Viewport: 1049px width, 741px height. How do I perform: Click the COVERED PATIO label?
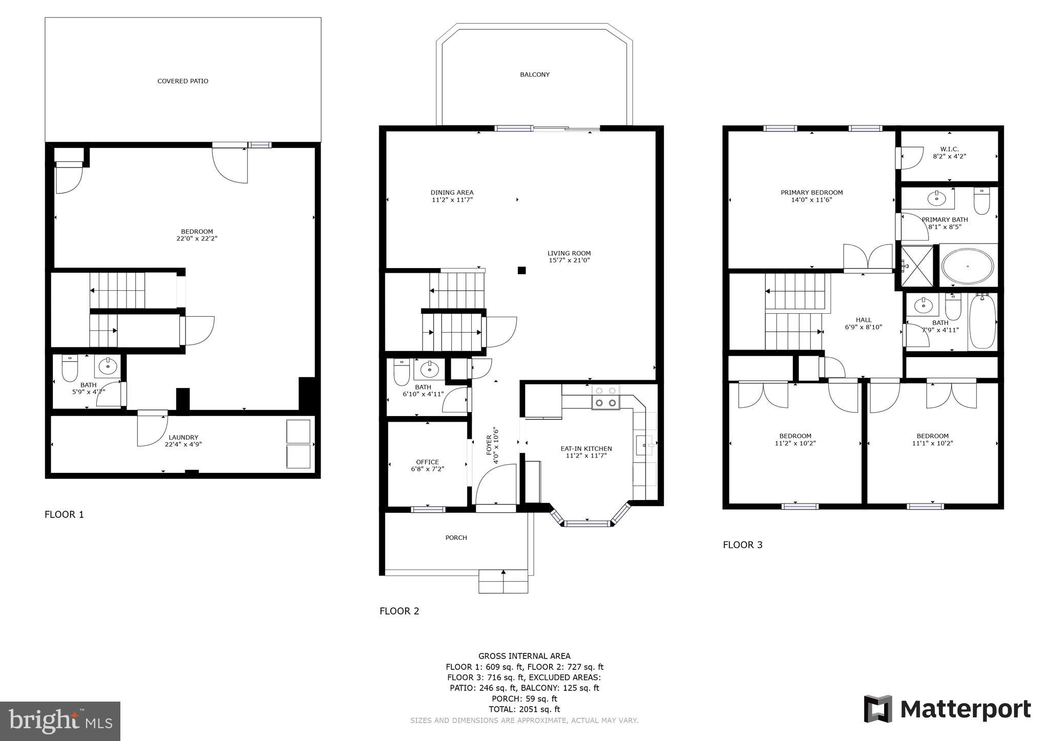pyautogui.click(x=183, y=81)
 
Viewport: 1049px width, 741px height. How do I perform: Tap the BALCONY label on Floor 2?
pyautogui.click(x=535, y=75)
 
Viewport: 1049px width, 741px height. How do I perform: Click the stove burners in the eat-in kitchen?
pyautogui.click(x=605, y=397)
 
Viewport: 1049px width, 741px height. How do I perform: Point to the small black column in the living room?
pyautogui.click(x=521, y=270)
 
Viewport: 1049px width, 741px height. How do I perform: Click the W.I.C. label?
pyautogui.click(x=949, y=149)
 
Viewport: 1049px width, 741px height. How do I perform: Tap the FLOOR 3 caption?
pyautogui.click(x=742, y=545)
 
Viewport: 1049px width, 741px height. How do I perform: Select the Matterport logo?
pyautogui.click(x=948, y=709)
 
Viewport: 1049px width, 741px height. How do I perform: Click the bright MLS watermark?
pyautogui.click(x=60, y=721)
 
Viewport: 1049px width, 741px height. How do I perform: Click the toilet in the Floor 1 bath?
pyautogui.click(x=69, y=368)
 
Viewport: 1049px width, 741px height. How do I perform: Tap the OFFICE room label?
pyautogui.click(x=427, y=462)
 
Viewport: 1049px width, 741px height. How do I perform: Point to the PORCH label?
pyautogui.click(x=456, y=538)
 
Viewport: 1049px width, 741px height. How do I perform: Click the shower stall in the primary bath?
pyautogui.click(x=917, y=266)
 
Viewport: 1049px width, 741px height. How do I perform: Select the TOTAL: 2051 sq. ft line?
pyautogui.click(x=524, y=709)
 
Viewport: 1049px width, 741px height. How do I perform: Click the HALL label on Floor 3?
pyautogui.click(x=863, y=320)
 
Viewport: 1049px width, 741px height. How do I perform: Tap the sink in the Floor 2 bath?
pyautogui.click(x=429, y=368)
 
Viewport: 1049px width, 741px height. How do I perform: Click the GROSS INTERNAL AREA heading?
pyautogui.click(x=524, y=656)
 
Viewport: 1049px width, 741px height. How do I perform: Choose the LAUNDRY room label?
pyautogui.click(x=183, y=438)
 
